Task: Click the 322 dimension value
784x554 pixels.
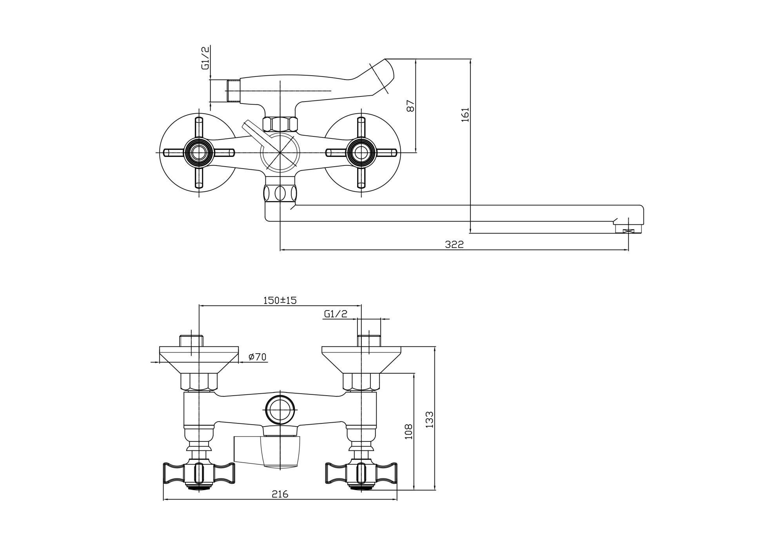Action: pyautogui.click(x=454, y=245)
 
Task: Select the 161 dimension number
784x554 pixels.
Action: pyautogui.click(x=465, y=114)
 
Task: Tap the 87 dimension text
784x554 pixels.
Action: pyautogui.click(x=410, y=105)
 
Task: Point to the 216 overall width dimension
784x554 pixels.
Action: pyautogui.click(x=280, y=494)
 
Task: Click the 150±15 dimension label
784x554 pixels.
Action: pyautogui.click(x=280, y=301)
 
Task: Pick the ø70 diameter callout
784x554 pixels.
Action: pyautogui.click(x=257, y=357)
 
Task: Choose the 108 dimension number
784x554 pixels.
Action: pyautogui.click(x=409, y=431)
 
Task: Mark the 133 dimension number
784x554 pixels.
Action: pyautogui.click(x=430, y=419)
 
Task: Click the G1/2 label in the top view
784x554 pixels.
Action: pyautogui.click(x=206, y=57)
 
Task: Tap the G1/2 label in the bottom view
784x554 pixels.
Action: pyautogui.click(x=336, y=314)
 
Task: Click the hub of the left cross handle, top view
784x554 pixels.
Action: pyautogui.click(x=199, y=152)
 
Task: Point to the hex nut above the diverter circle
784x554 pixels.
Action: pyautogui.click(x=280, y=124)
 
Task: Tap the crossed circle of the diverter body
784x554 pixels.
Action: pyautogui.click(x=280, y=152)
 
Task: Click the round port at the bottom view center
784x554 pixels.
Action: pyautogui.click(x=280, y=410)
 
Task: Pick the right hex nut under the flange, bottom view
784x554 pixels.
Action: pyautogui.click(x=361, y=382)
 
